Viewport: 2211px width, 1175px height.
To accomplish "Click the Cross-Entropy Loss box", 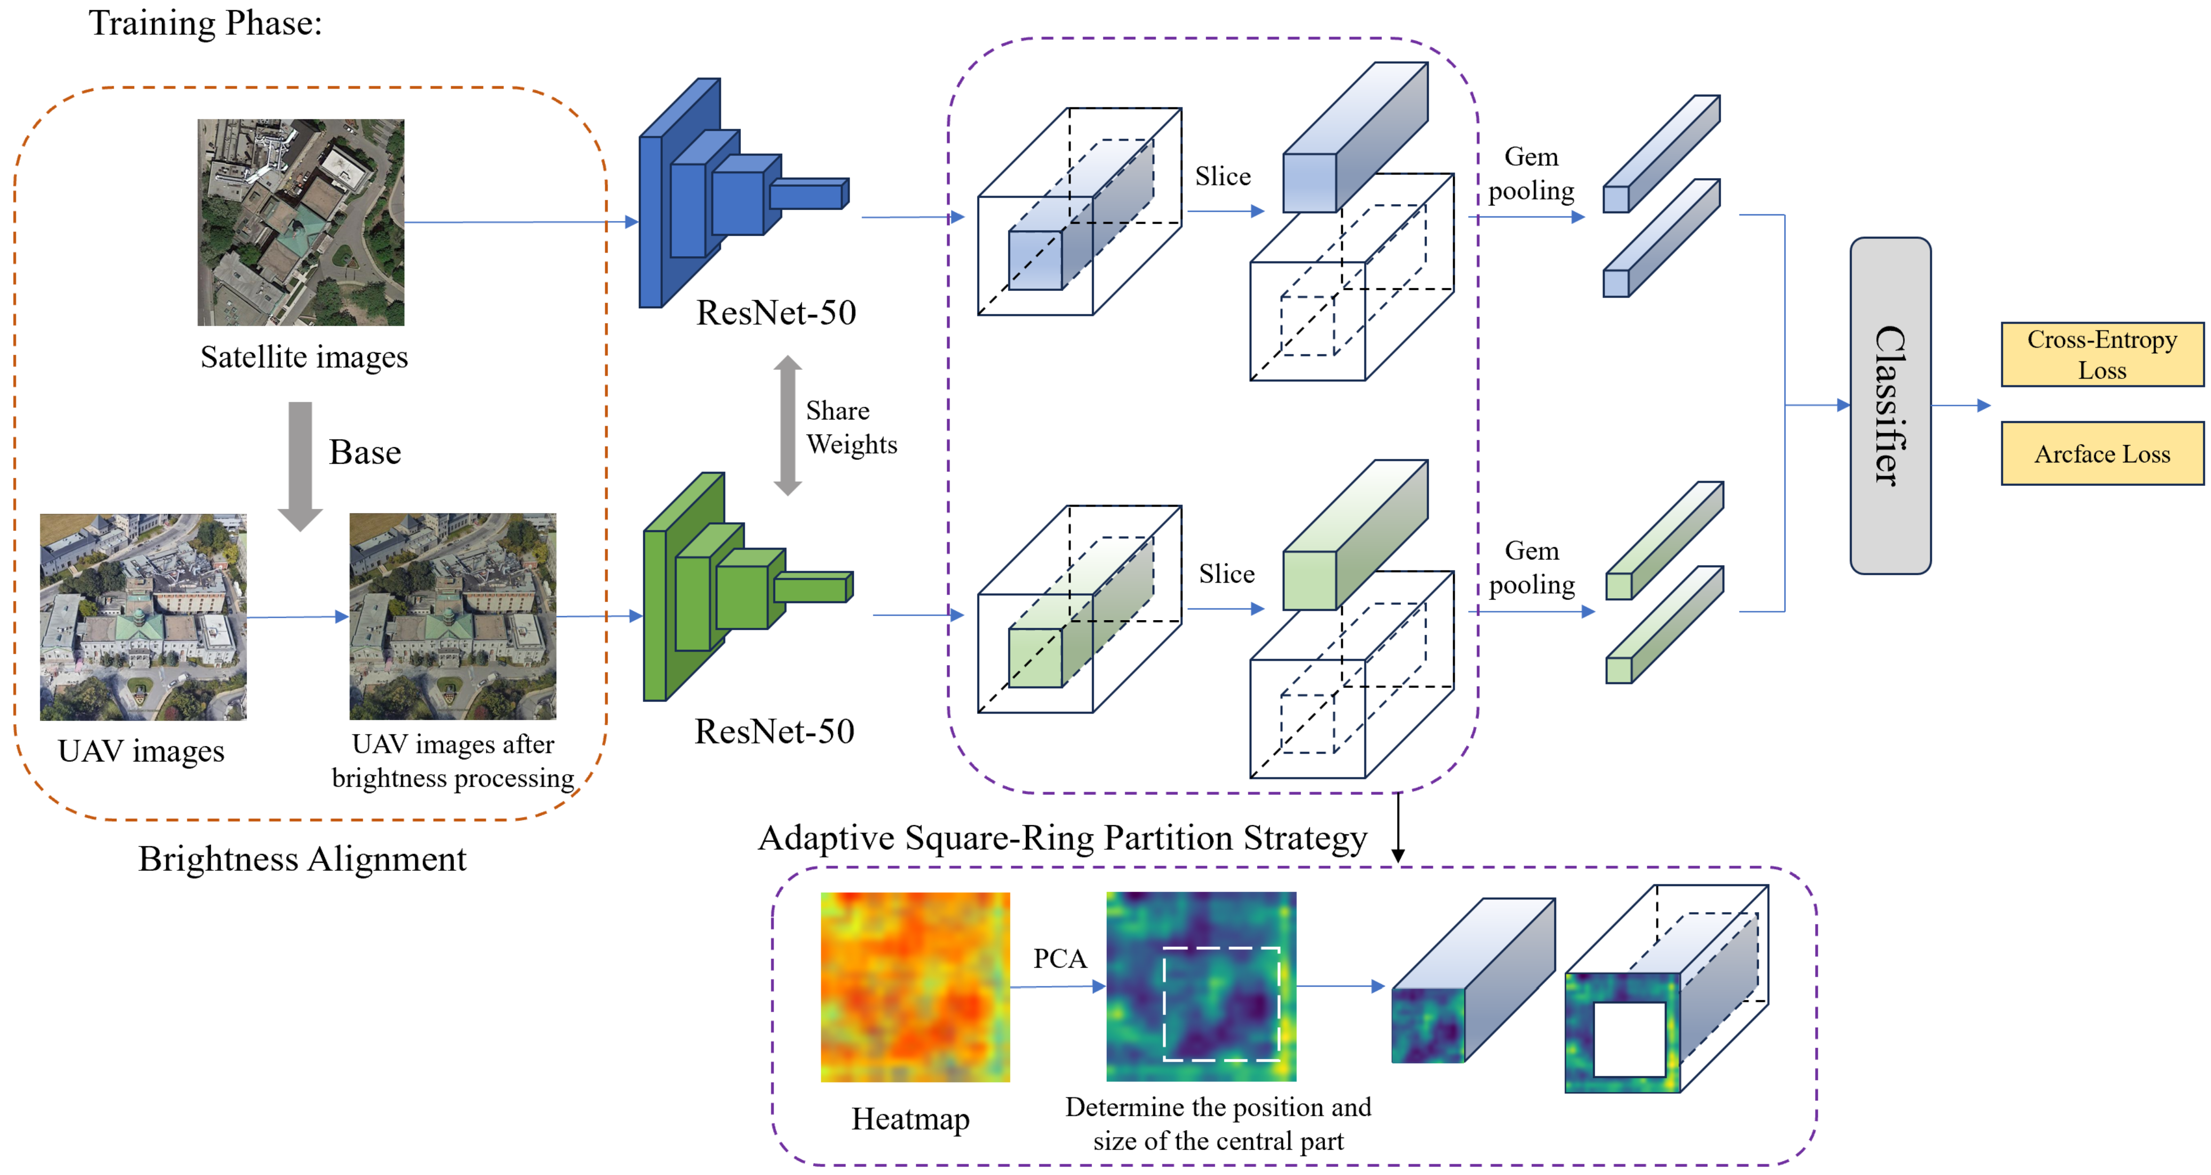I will click(2101, 354).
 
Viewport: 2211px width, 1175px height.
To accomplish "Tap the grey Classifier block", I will click(1890, 405).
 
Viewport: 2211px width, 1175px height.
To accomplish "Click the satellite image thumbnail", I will click(301, 223).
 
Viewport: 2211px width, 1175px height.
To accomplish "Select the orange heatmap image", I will click(915, 987).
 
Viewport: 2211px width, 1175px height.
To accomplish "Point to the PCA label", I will click(1059, 958).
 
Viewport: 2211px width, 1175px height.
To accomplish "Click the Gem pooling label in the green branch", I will click(1531, 567).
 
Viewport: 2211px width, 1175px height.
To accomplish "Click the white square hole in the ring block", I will click(1629, 1039).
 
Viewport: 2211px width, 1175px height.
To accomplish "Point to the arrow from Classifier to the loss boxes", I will click(1961, 405).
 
